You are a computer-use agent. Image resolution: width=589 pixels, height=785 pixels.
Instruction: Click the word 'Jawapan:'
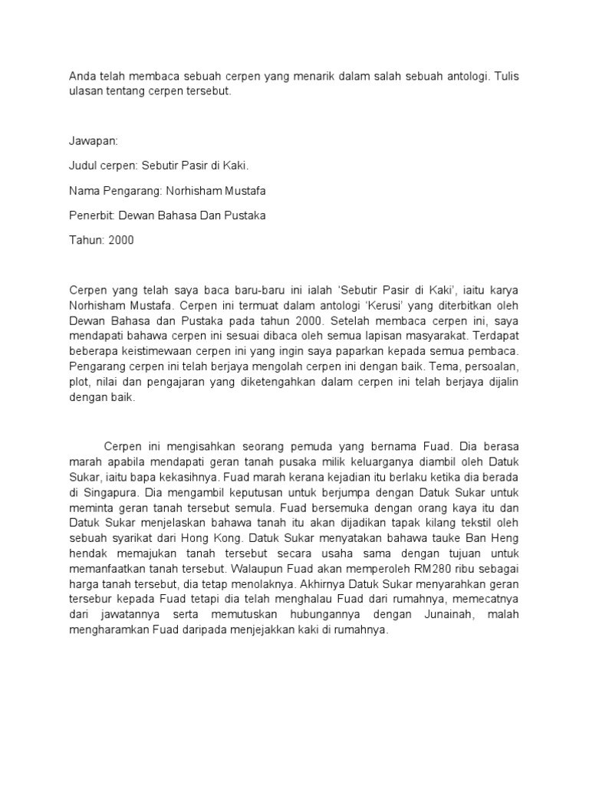(x=94, y=142)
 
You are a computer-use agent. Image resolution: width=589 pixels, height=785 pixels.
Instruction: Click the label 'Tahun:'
(x=87, y=240)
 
